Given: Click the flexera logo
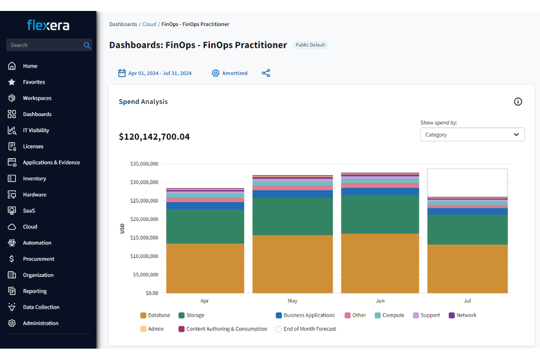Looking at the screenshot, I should (x=48, y=25).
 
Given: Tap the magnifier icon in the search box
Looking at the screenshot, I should (x=87, y=45).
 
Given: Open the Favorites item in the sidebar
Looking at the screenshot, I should (x=33, y=82).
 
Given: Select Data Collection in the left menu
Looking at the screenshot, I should (x=40, y=307).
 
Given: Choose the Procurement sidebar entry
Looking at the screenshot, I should (x=38, y=259).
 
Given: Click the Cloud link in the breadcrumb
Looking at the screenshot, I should (x=149, y=24).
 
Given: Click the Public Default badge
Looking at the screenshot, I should (x=310, y=45).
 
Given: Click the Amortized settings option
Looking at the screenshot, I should (x=230, y=73).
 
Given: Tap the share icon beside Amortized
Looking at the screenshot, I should (x=266, y=73).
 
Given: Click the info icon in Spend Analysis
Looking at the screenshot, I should (x=517, y=102).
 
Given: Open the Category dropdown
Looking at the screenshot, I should (x=472, y=134).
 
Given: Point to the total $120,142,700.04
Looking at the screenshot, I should (x=154, y=137).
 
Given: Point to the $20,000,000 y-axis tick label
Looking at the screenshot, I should (x=142, y=219).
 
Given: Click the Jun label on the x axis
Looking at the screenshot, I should (x=380, y=301).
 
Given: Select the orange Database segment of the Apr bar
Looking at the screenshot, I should (x=205, y=268).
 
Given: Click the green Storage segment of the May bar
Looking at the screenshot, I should (x=292, y=216).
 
